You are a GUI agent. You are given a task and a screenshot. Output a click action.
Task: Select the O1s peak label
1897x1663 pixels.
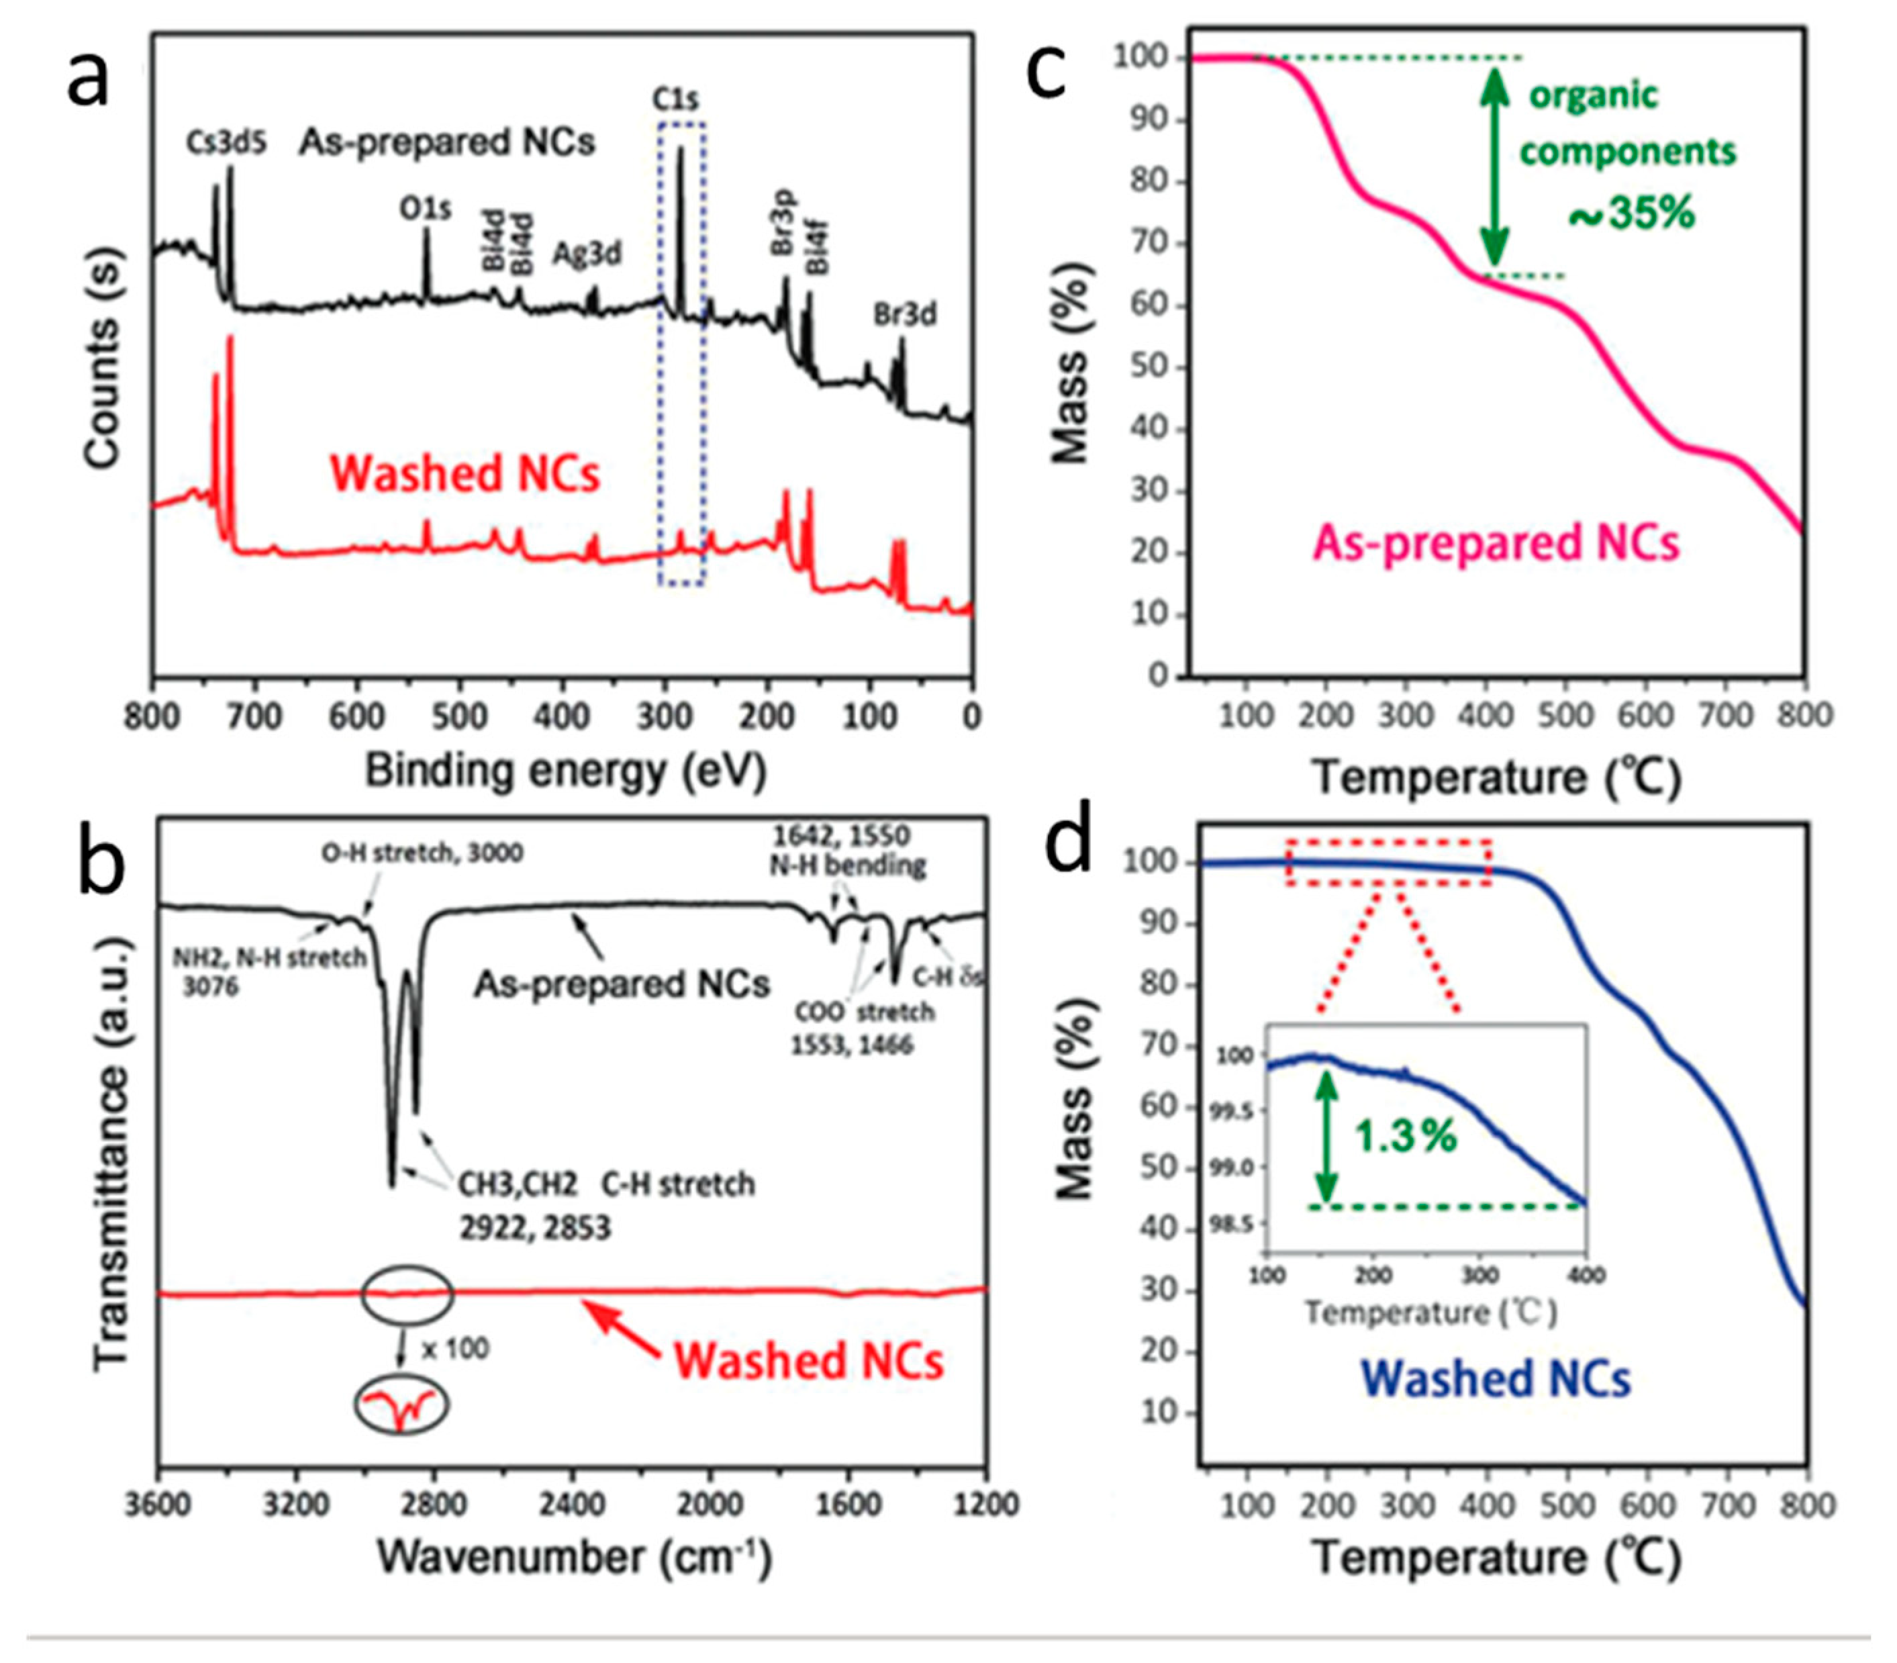(426, 209)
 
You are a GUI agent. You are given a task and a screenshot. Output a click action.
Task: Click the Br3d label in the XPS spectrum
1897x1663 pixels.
(904, 315)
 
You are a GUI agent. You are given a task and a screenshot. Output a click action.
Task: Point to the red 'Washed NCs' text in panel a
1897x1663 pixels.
(465, 473)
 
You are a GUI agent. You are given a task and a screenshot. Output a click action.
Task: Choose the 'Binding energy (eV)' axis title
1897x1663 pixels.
(565, 770)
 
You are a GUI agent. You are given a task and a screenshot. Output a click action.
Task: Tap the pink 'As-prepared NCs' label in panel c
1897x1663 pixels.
(1496, 543)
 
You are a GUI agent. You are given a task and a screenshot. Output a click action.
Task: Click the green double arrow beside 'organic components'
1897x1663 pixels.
(1492, 167)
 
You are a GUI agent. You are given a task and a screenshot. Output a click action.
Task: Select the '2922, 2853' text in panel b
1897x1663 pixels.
(535, 1229)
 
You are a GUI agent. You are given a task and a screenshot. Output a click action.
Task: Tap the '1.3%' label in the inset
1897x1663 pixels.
(1406, 1136)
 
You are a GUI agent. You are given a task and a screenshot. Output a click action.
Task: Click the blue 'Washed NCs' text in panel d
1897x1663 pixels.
(1496, 1379)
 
